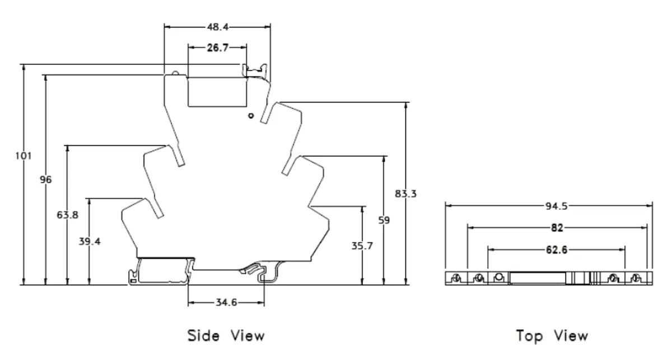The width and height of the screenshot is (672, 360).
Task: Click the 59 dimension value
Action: pos(384,221)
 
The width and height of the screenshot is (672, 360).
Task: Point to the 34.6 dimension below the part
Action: pos(226,303)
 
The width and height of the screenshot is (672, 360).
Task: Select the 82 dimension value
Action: pos(557,227)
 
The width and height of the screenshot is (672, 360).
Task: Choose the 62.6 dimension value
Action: pos(557,250)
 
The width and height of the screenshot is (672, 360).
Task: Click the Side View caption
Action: pos(226,335)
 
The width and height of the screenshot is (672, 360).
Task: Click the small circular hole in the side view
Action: pos(251,115)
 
